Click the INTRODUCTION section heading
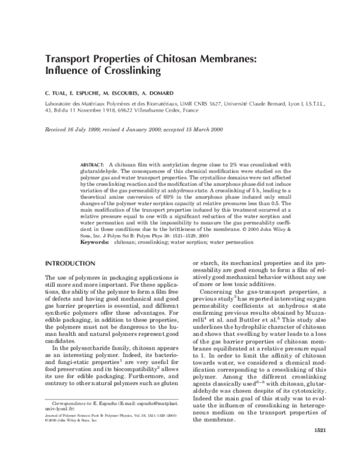(71, 264)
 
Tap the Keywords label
(94, 242)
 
